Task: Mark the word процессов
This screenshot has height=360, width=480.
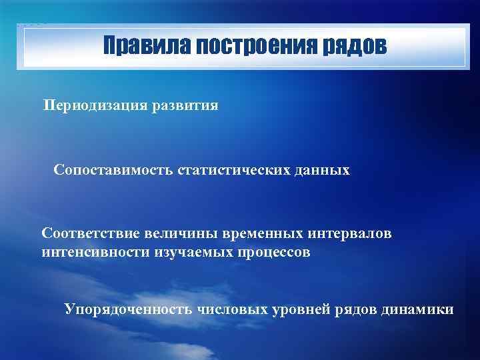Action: [273, 253]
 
